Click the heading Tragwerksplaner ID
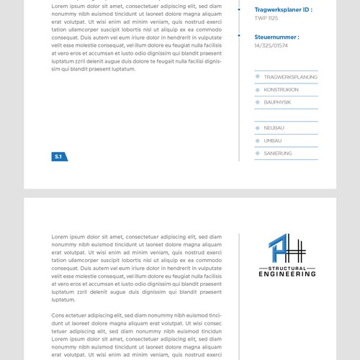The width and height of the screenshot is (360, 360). (x=283, y=10)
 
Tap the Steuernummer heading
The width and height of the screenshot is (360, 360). (x=276, y=37)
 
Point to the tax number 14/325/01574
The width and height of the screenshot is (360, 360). (x=271, y=45)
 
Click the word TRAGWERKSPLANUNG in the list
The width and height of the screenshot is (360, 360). (x=290, y=77)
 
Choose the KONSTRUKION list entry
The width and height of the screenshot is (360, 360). (x=281, y=90)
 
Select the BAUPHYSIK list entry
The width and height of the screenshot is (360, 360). (x=277, y=102)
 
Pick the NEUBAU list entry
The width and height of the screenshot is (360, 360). (x=274, y=128)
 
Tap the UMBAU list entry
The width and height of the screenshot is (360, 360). (x=273, y=140)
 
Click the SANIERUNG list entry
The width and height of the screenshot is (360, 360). (x=278, y=153)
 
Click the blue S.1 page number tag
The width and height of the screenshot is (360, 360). (x=59, y=156)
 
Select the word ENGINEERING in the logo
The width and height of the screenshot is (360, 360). (x=287, y=274)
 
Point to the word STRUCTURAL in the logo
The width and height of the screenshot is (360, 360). (x=287, y=268)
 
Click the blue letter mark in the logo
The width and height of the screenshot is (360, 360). (x=276, y=249)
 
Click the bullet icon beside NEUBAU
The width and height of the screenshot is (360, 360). (x=258, y=128)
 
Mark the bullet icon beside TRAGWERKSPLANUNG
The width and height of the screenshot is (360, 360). (x=258, y=77)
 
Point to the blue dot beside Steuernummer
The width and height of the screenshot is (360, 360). (x=240, y=35)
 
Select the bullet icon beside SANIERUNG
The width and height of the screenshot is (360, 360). (x=258, y=153)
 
